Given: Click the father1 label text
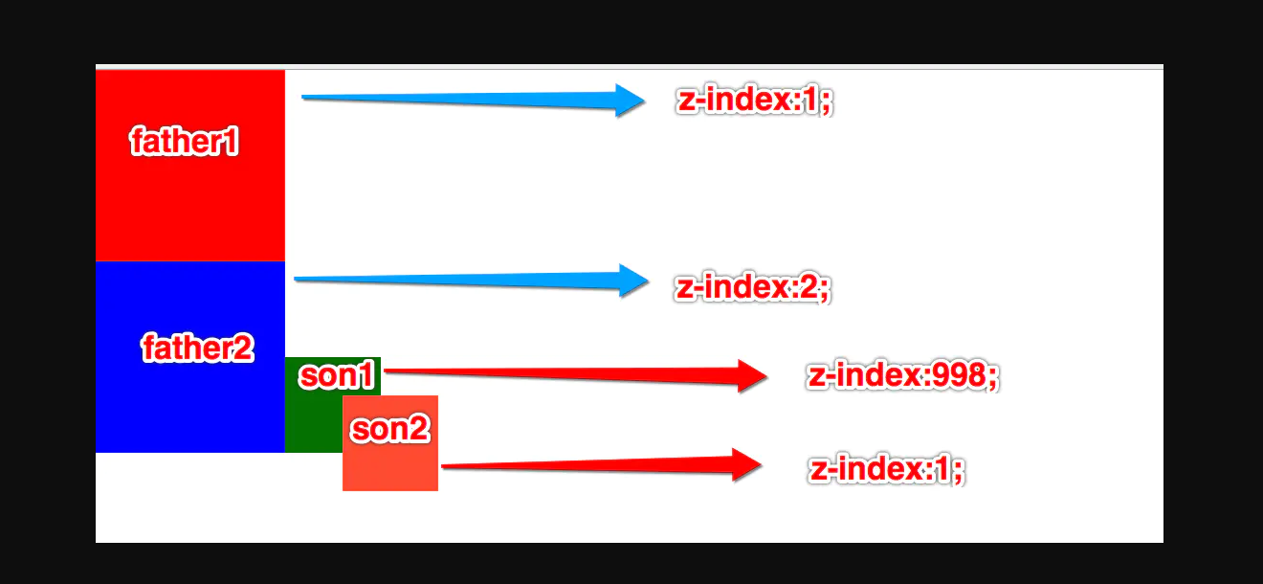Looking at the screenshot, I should [x=184, y=142].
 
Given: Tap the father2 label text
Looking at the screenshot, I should [x=198, y=348].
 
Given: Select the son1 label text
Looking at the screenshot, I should [x=336, y=375].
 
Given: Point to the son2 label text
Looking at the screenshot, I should [x=389, y=430].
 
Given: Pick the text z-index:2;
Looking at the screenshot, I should [x=753, y=287].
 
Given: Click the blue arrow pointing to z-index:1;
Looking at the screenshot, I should [x=459, y=98].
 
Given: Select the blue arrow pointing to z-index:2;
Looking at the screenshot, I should [x=459, y=280].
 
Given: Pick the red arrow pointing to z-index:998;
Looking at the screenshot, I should [x=565, y=373].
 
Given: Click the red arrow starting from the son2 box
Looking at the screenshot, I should [x=593, y=466].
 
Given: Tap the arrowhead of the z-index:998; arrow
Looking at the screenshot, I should [x=752, y=375].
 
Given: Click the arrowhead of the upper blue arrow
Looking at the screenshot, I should [x=630, y=100].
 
